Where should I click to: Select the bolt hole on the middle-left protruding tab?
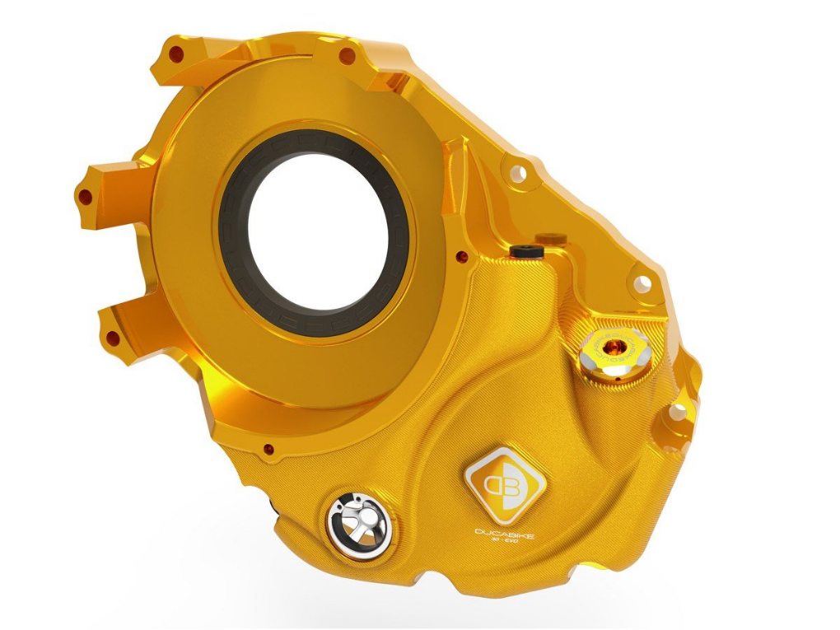[x=85, y=197]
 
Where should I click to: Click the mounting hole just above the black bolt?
[x=516, y=174]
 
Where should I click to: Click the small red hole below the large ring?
[x=267, y=449]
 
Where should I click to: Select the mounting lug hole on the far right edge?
[x=677, y=413]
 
